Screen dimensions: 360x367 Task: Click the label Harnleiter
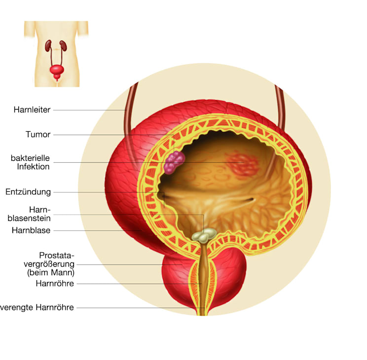tap(32, 110)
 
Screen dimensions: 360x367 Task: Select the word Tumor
tap(38, 134)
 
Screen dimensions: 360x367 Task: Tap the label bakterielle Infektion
tap(31, 162)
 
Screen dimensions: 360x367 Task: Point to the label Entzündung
tap(28, 192)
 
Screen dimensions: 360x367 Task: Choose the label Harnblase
tap(31, 230)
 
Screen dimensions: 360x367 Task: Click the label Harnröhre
tap(55, 284)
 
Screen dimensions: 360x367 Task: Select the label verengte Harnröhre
tap(37, 307)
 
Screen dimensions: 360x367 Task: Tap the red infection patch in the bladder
tap(243, 164)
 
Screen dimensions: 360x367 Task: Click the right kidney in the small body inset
tap(63, 46)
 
